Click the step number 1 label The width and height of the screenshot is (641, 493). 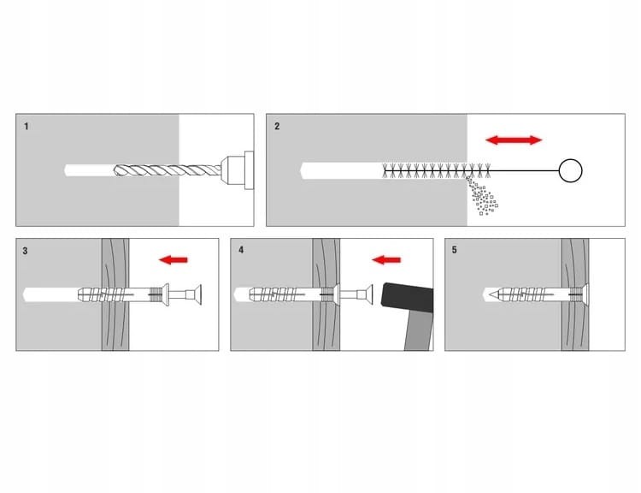(x=26, y=126)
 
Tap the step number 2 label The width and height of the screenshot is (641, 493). (x=277, y=126)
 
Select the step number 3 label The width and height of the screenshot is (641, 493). (x=25, y=251)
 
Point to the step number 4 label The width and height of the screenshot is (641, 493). (x=241, y=250)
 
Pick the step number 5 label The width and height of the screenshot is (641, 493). (x=454, y=250)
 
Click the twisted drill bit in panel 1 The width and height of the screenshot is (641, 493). (x=168, y=170)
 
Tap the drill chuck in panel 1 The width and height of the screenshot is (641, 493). (x=237, y=170)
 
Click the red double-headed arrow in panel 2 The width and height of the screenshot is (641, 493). (x=514, y=140)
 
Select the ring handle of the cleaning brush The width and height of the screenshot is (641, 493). (x=570, y=170)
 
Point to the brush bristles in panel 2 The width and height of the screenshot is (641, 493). (x=437, y=170)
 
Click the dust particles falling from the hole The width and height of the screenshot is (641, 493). (x=482, y=196)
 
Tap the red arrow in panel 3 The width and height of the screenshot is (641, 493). (x=173, y=259)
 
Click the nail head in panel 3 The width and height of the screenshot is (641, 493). (x=197, y=294)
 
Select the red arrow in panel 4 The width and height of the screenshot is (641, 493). (x=386, y=259)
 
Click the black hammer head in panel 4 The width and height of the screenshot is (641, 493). (x=407, y=295)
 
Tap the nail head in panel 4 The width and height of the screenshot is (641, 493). (x=368, y=294)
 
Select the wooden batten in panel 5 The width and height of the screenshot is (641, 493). (x=575, y=294)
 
